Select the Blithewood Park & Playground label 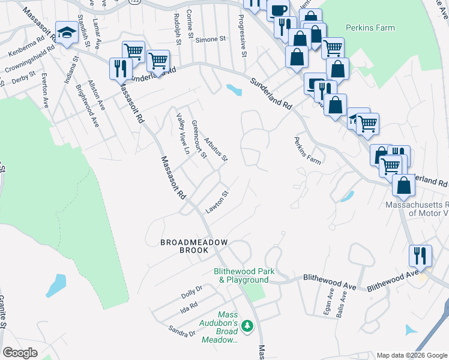pyautogui.click(x=244, y=275)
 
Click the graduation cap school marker pyautogui.click(x=67, y=34)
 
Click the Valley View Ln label pyautogui.click(x=182, y=134)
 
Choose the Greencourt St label pyautogui.click(x=199, y=139)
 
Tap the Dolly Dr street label pyautogui.click(x=192, y=292)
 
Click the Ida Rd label pyautogui.click(x=188, y=307)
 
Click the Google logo pyautogui.click(x=20, y=352)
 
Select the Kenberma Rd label pyautogui.click(x=25, y=49)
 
